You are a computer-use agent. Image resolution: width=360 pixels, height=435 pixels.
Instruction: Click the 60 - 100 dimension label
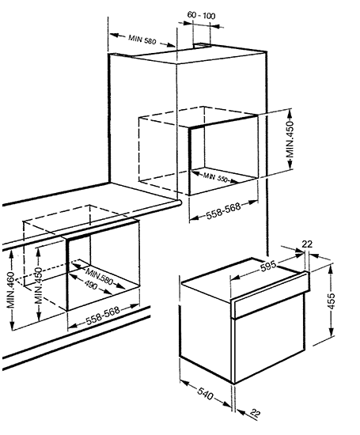[201, 15]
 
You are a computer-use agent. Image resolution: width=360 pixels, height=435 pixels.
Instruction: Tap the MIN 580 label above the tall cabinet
[142, 40]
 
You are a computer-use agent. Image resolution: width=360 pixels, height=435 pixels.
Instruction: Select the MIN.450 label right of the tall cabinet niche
[290, 139]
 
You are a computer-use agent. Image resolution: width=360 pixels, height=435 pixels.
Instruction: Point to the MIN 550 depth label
[215, 177]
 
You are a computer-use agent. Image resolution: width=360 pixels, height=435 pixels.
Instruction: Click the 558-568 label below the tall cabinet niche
[223, 210]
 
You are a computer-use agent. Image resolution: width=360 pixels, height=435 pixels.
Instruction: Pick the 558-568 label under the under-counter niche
[103, 316]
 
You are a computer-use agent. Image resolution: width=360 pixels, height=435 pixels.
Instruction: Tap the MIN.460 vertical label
[10, 290]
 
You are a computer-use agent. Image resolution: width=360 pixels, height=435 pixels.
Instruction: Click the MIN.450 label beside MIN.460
[38, 286]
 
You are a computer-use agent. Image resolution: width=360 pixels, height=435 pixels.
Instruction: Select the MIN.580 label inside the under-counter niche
[100, 276]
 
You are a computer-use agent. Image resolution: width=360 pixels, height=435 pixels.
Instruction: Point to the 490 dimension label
[91, 285]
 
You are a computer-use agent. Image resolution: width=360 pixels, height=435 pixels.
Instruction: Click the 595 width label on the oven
[268, 266]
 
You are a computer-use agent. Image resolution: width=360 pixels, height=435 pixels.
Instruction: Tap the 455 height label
[332, 301]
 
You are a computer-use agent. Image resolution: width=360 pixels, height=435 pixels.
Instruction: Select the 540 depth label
[206, 393]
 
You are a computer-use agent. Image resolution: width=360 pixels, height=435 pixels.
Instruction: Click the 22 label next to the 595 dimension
[307, 244]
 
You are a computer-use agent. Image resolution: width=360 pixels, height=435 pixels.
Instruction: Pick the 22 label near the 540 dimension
[256, 414]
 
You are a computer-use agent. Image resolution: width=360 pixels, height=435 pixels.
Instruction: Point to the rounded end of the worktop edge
[179, 203]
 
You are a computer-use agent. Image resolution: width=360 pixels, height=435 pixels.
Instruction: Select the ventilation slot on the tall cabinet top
[202, 45]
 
